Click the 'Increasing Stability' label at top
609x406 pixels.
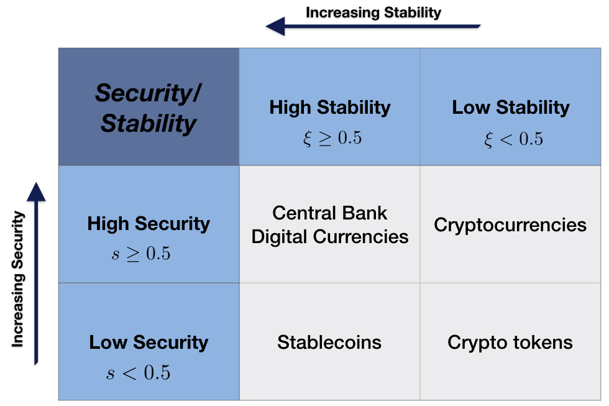click(373, 12)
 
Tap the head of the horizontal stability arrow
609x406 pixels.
click(275, 26)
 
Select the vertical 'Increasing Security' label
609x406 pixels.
click(18, 279)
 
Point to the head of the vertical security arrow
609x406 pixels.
click(36, 191)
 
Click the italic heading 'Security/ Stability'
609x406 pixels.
click(148, 108)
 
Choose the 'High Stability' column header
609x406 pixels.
click(330, 107)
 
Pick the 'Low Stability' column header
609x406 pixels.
click(511, 107)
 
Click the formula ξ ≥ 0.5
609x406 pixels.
click(332, 138)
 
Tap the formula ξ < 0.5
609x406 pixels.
click(513, 139)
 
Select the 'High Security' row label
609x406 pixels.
click(149, 224)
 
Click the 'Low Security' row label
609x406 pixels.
click(149, 343)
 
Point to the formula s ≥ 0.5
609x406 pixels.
click(141, 254)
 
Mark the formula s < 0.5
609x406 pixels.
click(138, 372)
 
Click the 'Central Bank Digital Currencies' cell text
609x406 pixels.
click(330, 224)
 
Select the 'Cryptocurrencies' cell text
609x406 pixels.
click(510, 224)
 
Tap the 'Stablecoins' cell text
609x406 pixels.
click(329, 343)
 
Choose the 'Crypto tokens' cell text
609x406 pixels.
click(510, 343)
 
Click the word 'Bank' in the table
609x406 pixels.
click(367, 213)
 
